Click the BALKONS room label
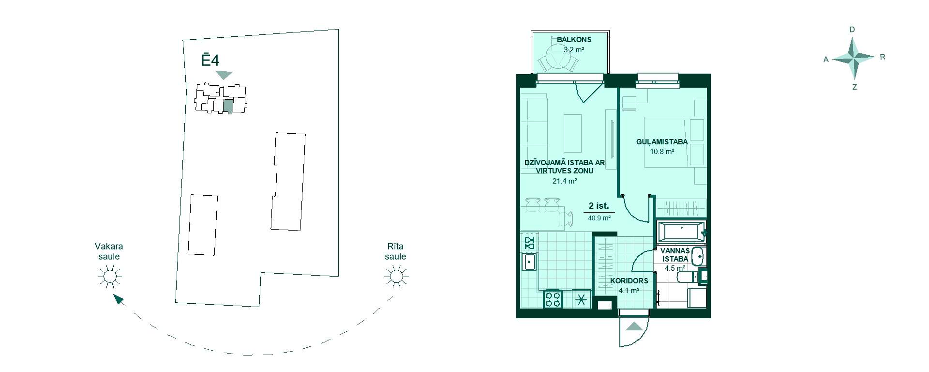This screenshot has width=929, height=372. (x=574, y=40)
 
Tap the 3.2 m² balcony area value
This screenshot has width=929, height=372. (x=574, y=49)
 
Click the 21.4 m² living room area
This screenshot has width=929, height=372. (x=565, y=181)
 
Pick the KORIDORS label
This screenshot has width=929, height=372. (x=629, y=280)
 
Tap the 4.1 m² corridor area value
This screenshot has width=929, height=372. (x=629, y=291)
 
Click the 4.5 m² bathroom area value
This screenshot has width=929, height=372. (x=675, y=268)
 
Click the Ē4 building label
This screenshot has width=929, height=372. (x=210, y=60)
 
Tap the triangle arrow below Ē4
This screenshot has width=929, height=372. (x=224, y=75)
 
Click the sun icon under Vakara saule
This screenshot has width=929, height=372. (x=109, y=277)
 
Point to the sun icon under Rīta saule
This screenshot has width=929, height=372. (x=396, y=277)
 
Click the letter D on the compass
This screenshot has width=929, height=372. (x=852, y=30)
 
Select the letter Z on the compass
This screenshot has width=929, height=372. (x=854, y=87)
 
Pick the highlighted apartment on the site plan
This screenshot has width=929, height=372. (x=228, y=106)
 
